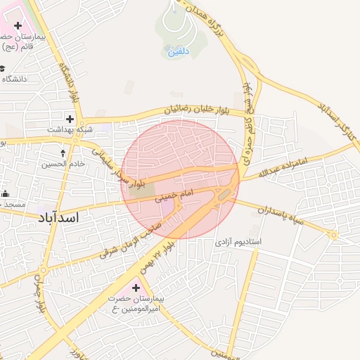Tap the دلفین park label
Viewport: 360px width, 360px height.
177,51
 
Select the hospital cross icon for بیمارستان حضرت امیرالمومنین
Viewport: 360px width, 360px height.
136,288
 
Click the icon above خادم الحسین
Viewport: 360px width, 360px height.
64,153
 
